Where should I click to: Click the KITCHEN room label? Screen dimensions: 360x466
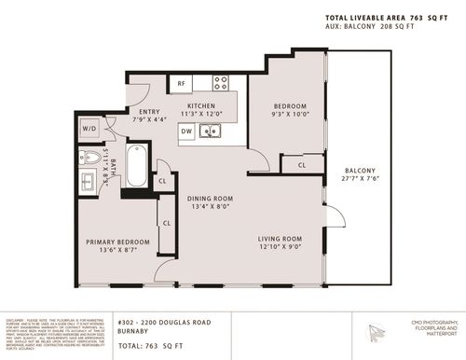[x=201, y=106]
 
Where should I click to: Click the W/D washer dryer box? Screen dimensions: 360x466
[x=90, y=129]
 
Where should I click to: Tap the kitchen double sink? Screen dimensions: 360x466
[x=212, y=132]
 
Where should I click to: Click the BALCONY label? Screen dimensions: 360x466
[x=360, y=171]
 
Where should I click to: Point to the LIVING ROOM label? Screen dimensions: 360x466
[x=281, y=238]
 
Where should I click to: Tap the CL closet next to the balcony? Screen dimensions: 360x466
[x=301, y=165]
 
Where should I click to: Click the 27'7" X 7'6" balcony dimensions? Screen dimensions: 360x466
[x=360, y=180]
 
